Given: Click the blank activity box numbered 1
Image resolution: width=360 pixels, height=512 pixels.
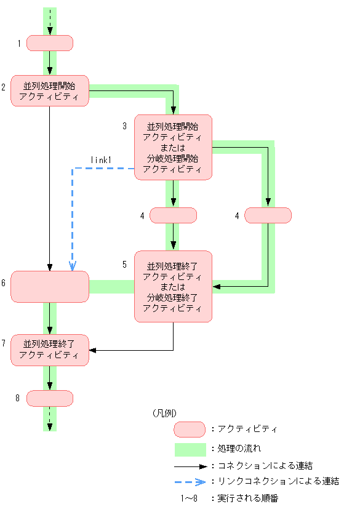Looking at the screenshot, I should pos(50,42).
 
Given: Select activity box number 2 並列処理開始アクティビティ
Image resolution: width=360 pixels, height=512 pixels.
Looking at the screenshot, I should pos(50,90).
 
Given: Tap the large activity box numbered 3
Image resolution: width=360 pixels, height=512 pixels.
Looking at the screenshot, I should pos(173,147).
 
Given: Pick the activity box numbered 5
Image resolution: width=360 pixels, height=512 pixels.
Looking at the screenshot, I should pos(173,286).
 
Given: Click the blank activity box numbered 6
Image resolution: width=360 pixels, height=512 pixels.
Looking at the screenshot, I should pos(50,287).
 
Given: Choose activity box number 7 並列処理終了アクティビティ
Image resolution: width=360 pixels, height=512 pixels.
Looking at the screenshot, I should pos(50,350).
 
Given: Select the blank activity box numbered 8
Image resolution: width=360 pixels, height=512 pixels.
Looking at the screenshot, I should pos(50,398).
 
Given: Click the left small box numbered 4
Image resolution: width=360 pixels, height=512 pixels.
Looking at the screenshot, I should pos(173,215).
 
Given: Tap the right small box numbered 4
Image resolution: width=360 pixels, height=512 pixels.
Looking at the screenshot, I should pos(268,215).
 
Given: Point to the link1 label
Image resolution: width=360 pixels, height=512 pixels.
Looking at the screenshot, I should pos(100,160).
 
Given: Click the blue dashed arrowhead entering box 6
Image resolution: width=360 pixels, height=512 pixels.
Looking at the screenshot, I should pos(73,266).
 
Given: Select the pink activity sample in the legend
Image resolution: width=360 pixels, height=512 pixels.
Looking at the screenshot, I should pos(189,429).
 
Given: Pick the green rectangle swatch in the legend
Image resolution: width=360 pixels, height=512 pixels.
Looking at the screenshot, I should pos(189,449).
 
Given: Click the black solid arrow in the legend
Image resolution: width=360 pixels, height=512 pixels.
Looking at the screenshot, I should pos(189,466).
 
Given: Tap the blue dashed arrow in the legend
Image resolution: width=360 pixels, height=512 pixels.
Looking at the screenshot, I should pos(189,482).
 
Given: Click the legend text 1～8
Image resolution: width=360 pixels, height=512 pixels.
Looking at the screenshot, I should pos(189,498).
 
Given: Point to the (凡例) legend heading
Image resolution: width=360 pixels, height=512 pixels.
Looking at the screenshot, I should pos(164,413).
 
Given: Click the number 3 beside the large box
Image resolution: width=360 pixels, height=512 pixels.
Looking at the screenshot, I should pos(124,126).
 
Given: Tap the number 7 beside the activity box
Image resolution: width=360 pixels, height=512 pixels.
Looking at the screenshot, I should pos(4,342).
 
